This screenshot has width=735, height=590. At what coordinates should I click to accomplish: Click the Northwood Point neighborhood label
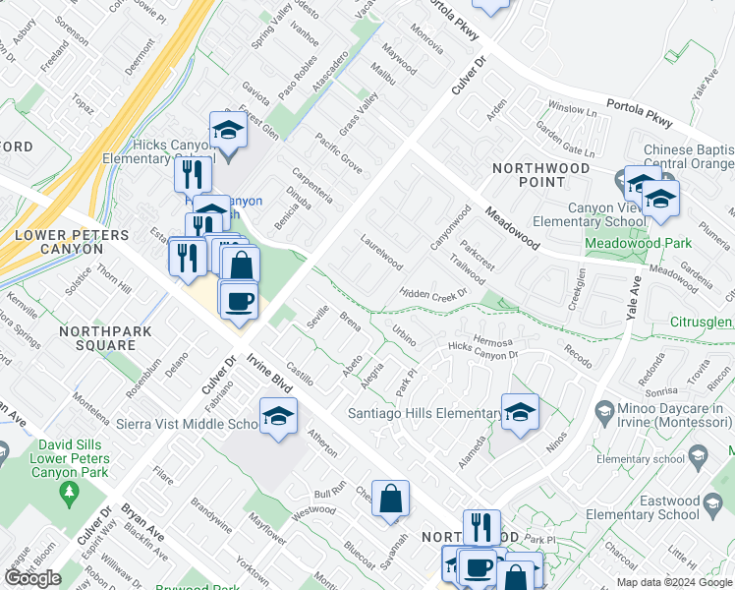540,175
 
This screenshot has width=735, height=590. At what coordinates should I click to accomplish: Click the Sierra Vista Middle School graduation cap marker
278,417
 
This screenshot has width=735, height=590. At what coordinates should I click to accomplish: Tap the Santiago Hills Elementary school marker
520,412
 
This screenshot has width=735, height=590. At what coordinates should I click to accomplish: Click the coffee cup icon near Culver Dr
237,300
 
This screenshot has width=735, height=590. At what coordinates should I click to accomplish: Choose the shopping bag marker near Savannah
390,498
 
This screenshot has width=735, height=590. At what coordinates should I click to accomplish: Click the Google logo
32,578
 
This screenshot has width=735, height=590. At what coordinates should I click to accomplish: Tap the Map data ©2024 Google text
674,582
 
